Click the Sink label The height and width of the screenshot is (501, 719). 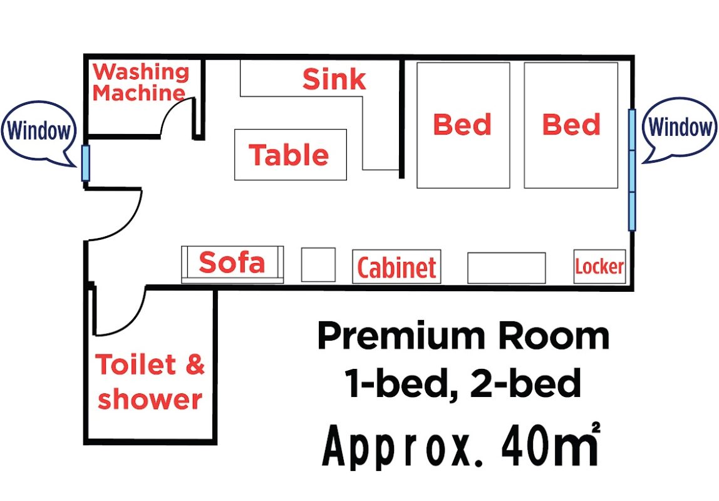pyautogui.click(x=334, y=80)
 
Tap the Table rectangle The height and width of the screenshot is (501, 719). pyautogui.click(x=290, y=155)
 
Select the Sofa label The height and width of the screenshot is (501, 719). pyautogui.click(x=232, y=262)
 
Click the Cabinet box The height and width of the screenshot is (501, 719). pyautogui.click(x=396, y=266)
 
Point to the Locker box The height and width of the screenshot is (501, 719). pyautogui.click(x=599, y=266)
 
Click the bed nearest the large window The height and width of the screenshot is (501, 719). pyautogui.click(x=571, y=125)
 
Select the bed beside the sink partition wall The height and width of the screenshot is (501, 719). pyautogui.click(x=463, y=125)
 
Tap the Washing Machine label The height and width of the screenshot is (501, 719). pyautogui.click(x=140, y=83)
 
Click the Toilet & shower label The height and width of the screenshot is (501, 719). pyautogui.click(x=150, y=381)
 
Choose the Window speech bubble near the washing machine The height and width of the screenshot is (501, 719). pyautogui.click(x=39, y=131)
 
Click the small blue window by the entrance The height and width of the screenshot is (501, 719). pyautogui.click(x=85, y=163)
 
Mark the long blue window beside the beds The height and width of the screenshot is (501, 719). pyautogui.click(x=632, y=170)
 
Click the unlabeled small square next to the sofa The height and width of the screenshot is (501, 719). pyautogui.click(x=318, y=264)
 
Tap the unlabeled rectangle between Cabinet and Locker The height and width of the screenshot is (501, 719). pyautogui.click(x=506, y=267)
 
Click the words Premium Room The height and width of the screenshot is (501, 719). pyautogui.click(x=463, y=336)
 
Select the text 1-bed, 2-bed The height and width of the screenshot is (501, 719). pyautogui.click(x=463, y=383)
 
